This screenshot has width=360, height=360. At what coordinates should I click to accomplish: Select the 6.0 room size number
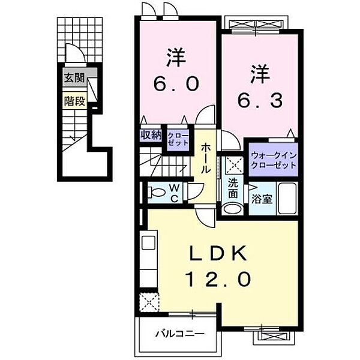[176, 84]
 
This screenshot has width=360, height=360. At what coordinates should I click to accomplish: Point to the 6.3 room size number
[260, 101]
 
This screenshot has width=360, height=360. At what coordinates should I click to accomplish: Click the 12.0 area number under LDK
[219, 279]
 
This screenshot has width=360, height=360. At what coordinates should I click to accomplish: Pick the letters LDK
[218, 253]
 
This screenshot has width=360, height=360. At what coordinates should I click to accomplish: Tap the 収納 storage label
[151, 135]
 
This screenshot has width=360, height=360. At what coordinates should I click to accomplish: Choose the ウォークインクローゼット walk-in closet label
[273, 160]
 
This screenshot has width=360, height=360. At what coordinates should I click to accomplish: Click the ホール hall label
[205, 158]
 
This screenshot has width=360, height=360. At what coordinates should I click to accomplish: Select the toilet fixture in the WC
[157, 192]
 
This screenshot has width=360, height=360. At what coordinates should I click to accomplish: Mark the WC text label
[175, 194]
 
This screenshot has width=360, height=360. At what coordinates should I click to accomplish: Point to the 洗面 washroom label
[233, 189]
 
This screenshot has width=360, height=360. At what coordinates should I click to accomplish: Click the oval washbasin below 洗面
[233, 208]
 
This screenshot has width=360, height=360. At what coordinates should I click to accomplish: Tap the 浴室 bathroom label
[262, 199]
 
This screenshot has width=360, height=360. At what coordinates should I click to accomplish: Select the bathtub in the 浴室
[287, 199]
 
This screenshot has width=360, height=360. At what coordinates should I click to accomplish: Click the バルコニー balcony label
[180, 334]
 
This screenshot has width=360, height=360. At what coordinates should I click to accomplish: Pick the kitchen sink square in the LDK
[148, 242]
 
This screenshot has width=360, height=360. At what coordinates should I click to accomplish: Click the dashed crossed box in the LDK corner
[149, 302]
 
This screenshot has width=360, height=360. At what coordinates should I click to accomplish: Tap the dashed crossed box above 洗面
[233, 165]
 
